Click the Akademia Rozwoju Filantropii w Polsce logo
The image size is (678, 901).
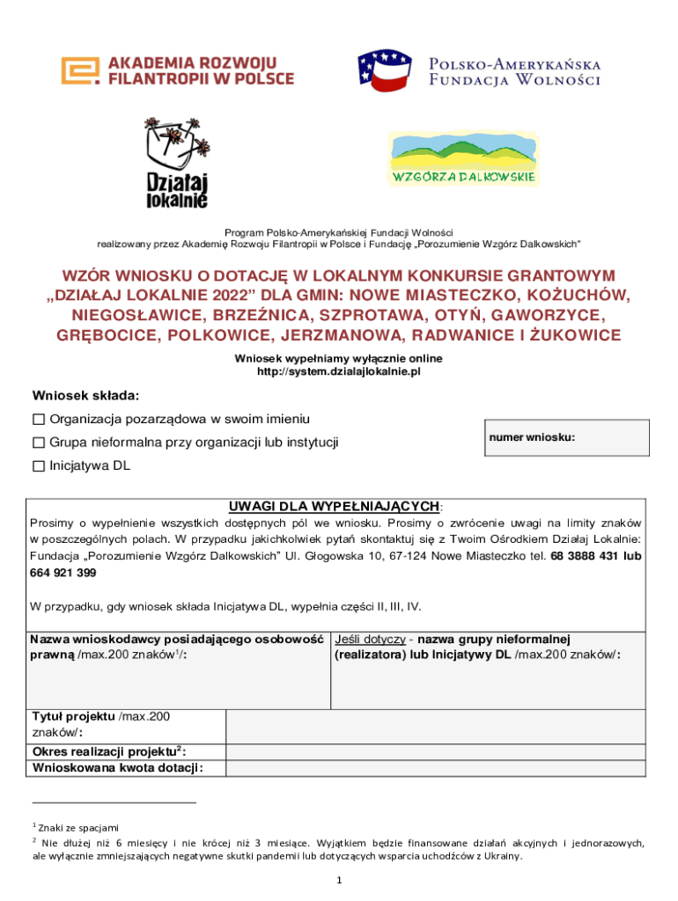(x=177, y=70)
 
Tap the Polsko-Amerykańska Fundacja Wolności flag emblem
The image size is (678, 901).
(x=384, y=71)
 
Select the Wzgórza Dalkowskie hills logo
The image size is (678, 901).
(x=463, y=158)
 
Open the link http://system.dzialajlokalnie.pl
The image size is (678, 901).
(x=338, y=372)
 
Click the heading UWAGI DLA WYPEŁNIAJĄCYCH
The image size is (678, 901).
(x=335, y=506)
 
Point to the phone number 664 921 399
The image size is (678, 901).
(x=63, y=573)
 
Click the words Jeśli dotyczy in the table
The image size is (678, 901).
(x=370, y=638)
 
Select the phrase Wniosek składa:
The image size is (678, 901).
(x=85, y=395)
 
